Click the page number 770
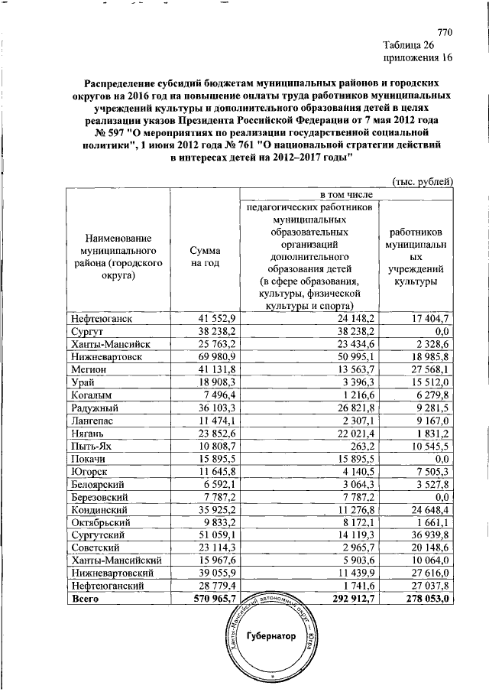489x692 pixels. (x=445, y=32)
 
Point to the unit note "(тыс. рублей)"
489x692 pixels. (x=423, y=181)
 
